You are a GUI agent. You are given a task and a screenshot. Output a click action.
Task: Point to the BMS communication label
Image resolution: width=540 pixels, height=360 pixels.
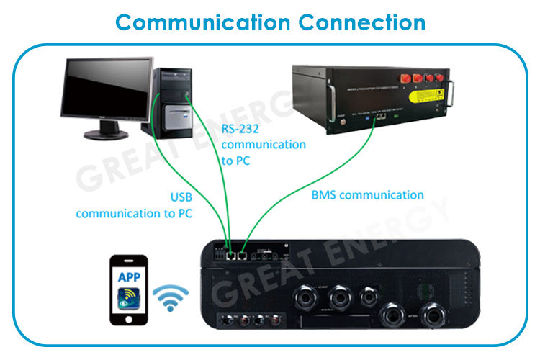point(367,194)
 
